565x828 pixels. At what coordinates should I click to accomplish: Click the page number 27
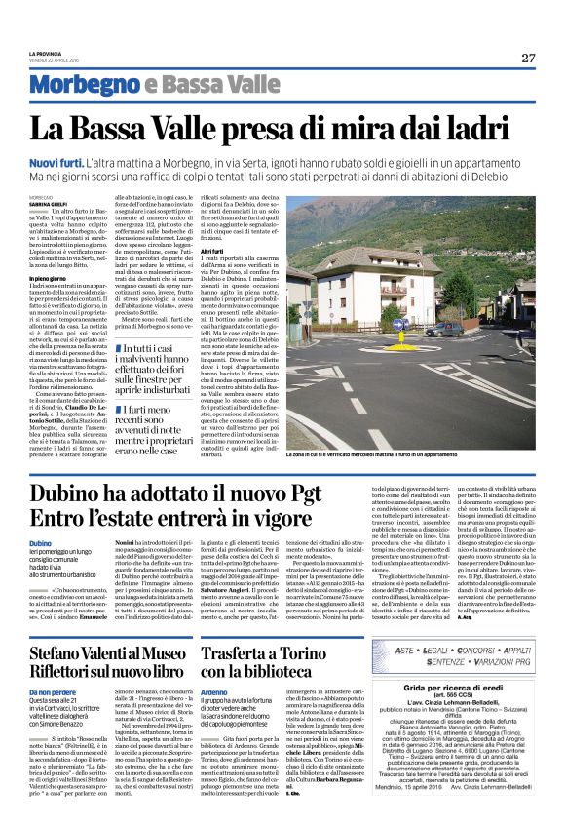click(527, 58)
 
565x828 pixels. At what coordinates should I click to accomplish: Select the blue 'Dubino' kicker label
click(40, 543)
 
